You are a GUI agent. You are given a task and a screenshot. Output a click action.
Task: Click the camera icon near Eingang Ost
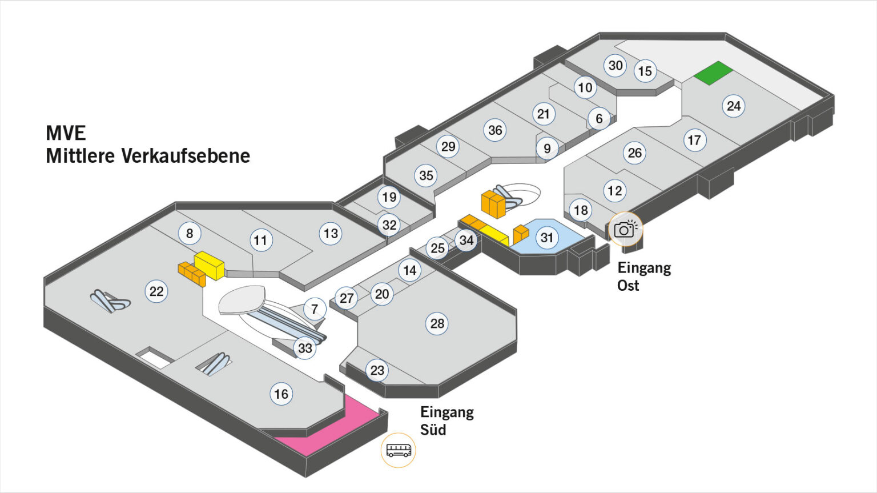tap(625, 229)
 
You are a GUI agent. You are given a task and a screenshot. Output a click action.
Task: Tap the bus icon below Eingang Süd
tap(398, 450)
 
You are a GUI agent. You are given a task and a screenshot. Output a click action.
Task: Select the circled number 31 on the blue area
tap(547, 237)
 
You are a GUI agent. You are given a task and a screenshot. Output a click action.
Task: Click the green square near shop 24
tap(713, 73)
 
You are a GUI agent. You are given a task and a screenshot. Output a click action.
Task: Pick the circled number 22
tap(156, 291)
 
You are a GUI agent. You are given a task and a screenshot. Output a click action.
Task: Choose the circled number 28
tap(437, 324)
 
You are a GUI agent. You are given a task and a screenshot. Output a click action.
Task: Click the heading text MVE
tap(66, 133)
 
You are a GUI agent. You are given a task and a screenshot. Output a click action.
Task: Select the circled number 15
tap(645, 71)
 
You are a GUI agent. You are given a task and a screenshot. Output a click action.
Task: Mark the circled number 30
tap(615, 66)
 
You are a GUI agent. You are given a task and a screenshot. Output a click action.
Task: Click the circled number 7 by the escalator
tap(315, 310)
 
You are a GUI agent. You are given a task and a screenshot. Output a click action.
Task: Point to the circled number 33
tap(305, 348)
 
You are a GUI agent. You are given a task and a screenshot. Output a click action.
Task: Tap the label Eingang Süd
tap(446, 420)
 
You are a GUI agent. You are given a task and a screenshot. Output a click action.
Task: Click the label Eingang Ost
tap(643, 276)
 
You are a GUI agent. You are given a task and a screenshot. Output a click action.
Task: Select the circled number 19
tap(389, 198)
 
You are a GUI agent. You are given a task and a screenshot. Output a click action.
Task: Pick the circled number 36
tap(495, 130)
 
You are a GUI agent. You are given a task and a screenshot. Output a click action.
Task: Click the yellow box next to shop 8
tap(209, 265)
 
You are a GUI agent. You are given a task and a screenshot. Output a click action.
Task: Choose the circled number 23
tap(377, 370)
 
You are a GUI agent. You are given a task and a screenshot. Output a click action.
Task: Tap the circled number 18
tap(581, 210)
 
